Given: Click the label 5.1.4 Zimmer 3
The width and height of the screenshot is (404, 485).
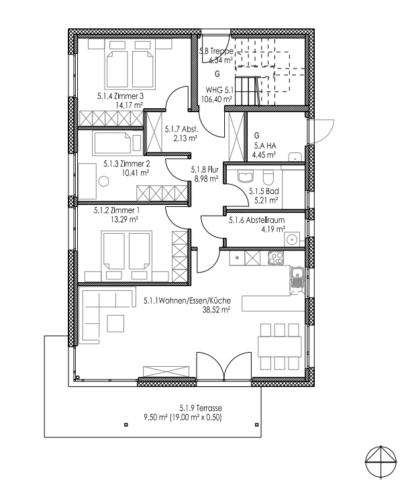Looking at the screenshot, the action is pyautogui.click(x=121, y=95).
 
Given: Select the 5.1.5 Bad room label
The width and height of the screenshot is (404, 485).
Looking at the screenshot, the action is pyautogui.click(x=260, y=191).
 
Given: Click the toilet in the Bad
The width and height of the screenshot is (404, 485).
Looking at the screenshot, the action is pyautogui.click(x=268, y=177).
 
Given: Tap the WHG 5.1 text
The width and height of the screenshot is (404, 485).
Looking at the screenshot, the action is pyautogui.click(x=219, y=89).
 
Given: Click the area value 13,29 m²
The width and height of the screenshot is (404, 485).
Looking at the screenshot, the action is pyautogui.click(x=125, y=219).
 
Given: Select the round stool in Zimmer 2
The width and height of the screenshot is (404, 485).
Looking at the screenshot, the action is pyautogui.click(x=103, y=181).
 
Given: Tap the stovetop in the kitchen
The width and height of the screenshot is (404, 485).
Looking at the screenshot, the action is pyautogui.click(x=275, y=257).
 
